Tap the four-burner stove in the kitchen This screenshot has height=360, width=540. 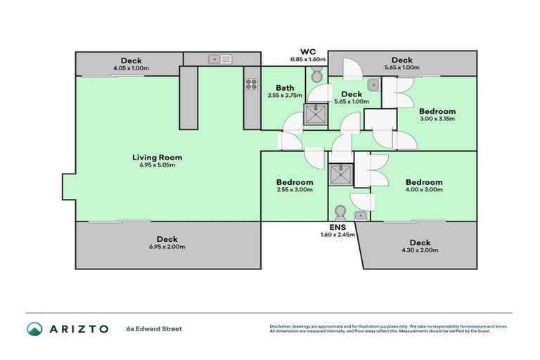click(x=252, y=84)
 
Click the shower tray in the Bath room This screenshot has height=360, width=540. click(x=315, y=116)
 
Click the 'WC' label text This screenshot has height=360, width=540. click(x=308, y=52)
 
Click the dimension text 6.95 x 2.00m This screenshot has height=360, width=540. click(x=167, y=247)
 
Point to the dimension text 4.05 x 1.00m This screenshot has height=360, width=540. click(x=131, y=68)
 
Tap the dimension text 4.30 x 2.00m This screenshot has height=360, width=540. click(x=420, y=251)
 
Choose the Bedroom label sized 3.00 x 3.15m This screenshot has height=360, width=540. click(x=437, y=111)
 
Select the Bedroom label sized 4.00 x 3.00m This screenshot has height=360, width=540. click(x=424, y=181)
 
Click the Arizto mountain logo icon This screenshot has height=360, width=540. click(x=34, y=328)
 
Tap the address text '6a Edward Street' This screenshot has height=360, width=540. click(x=154, y=328)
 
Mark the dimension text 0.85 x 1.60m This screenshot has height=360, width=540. click(x=308, y=60)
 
